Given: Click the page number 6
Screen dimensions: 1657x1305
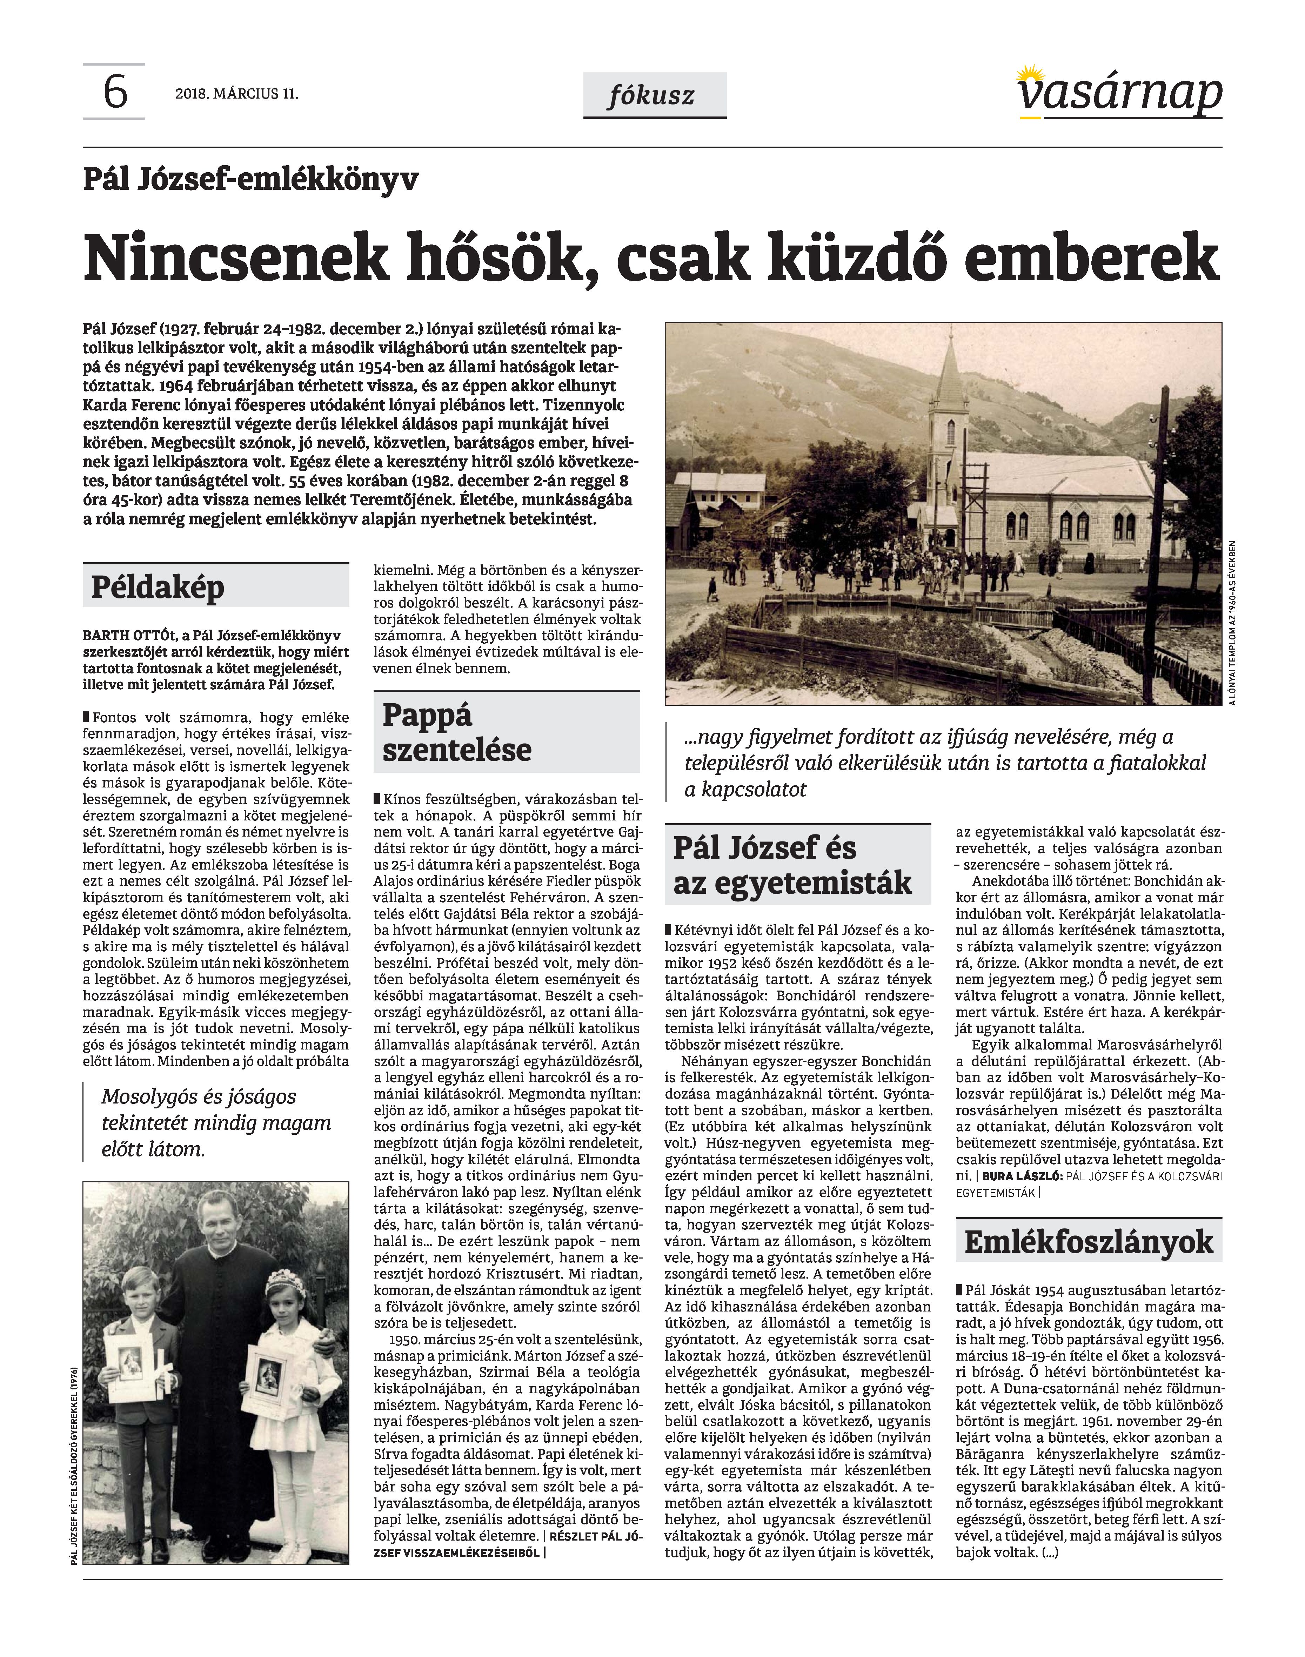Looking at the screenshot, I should coord(115,93).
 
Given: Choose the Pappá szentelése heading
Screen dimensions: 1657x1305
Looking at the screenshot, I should coord(457,732).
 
